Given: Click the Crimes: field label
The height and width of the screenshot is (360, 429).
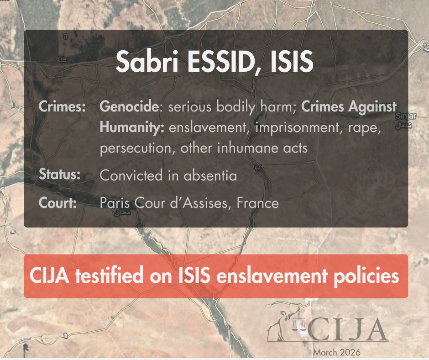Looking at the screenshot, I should (63, 107).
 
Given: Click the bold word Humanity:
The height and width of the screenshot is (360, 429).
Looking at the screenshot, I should (132, 127).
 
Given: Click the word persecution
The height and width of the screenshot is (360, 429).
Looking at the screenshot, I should (136, 148).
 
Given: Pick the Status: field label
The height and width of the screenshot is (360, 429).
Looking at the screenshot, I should (60, 175).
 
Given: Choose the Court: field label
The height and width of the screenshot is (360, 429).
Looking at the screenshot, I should (58, 202).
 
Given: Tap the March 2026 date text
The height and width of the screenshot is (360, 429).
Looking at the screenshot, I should (336, 352).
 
